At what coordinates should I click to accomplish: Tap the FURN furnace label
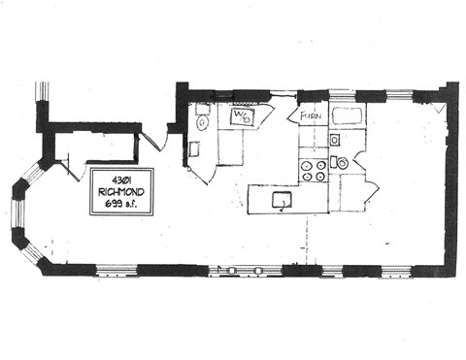click(310, 116)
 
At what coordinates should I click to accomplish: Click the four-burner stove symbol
click(314, 171)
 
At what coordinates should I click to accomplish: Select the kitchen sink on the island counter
click(283, 201)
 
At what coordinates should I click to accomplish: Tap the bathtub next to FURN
click(347, 117)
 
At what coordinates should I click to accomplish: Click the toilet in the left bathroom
click(202, 122)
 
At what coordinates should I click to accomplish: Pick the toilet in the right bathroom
click(342, 162)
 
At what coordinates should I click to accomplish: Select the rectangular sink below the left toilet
click(194, 148)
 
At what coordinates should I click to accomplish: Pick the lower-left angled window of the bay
click(31, 252)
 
